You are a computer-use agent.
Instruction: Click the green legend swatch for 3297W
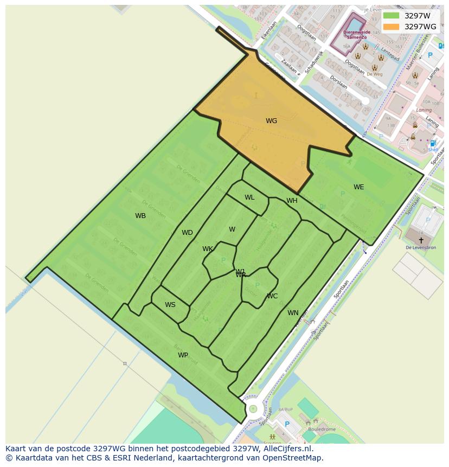coord(390,16)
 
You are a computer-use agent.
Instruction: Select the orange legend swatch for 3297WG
coord(390,27)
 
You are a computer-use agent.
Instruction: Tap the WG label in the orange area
coord(271,121)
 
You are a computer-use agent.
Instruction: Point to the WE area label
coord(358,187)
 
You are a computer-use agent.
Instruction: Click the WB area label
coord(140,216)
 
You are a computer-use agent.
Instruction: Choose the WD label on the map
coord(187,233)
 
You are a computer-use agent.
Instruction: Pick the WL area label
coord(249,197)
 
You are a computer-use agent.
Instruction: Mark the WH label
coord(292,201)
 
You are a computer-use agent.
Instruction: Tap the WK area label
coord(208,249)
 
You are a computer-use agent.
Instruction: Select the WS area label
coord(170,305)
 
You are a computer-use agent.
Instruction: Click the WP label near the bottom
coord(183,355)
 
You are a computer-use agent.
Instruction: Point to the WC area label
coord(272,296)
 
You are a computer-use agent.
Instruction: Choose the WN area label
coord(293,313)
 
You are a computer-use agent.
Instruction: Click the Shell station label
coord(433,150)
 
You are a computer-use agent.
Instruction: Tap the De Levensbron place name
coord(421,248)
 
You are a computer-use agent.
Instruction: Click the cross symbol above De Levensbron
coord(421,240)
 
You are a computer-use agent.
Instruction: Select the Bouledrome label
coord(321,429)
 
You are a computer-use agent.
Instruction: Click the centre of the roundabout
coord(253,408)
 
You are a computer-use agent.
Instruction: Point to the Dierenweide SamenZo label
coord(356,34)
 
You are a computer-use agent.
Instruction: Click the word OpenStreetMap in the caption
coord(295,457)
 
